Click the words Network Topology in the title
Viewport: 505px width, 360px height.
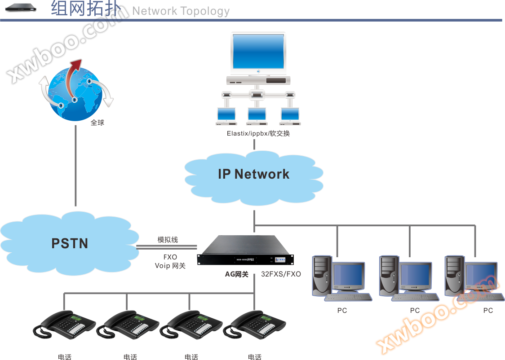point(181,11)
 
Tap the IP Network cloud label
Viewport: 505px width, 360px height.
point(253,174)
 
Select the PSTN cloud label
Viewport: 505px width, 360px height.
point(70,244)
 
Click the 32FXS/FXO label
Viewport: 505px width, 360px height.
point(281,274)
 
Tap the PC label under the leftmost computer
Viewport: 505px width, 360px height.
point(342,310)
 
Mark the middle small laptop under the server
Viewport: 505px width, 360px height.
point(257,116)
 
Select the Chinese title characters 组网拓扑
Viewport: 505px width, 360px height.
point(85,9)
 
